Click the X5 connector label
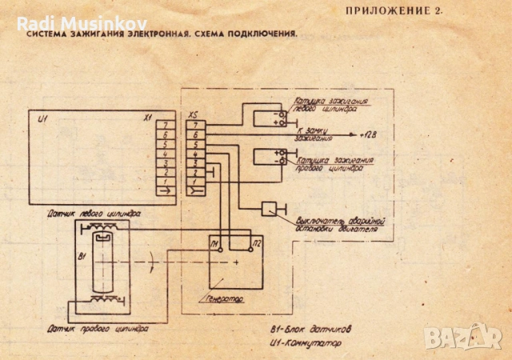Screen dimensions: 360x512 [x=193, y=116]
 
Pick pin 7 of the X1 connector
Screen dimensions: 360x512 [x=165, y=124]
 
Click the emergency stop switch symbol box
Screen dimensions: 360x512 [x=270, y=209]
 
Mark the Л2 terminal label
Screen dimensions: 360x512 [x=255, y=242]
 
